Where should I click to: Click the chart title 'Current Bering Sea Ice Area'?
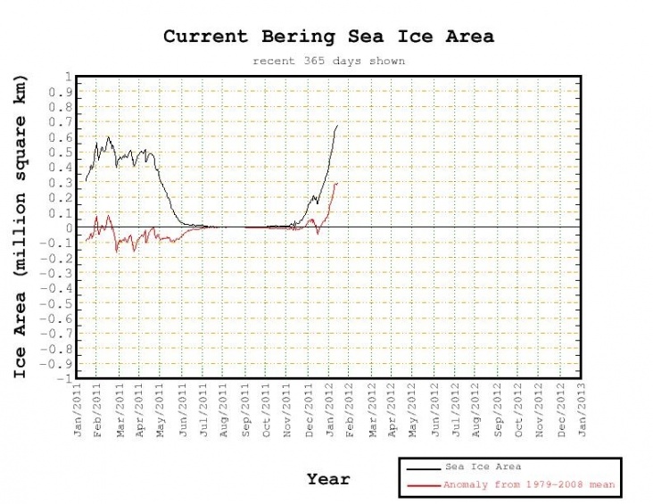[x=327, y=37]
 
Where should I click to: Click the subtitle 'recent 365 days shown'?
[x=327, y=62]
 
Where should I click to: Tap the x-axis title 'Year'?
[x=328, y=479]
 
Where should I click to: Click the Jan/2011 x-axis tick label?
[x=78, y=409]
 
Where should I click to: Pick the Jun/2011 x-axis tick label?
[x=183, y=409]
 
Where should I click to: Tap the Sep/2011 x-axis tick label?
[x=246, y=409]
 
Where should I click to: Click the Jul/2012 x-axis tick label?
[x=457, y=409]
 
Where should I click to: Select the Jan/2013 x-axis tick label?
[x=583, y=409]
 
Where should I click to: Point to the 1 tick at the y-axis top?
[x=68, y=77]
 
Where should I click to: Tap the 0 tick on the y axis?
[x=68, y=227]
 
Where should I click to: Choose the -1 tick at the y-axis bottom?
[x=64, y=378]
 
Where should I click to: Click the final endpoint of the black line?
[x=337, y=126]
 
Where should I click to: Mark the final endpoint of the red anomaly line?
[x=337, y=183]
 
